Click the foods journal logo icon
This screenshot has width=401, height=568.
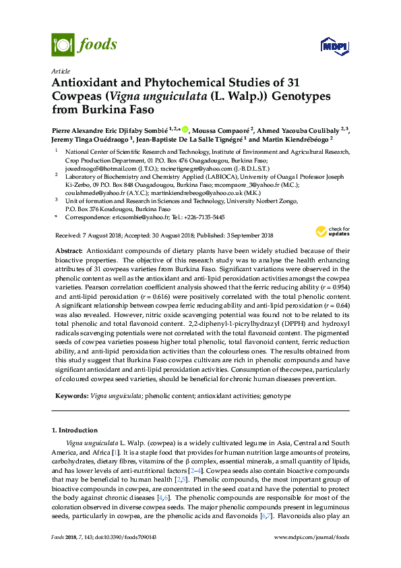point(63,45)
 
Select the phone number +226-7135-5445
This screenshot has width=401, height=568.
point(204,218)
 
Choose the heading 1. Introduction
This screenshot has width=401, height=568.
point(73,430)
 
